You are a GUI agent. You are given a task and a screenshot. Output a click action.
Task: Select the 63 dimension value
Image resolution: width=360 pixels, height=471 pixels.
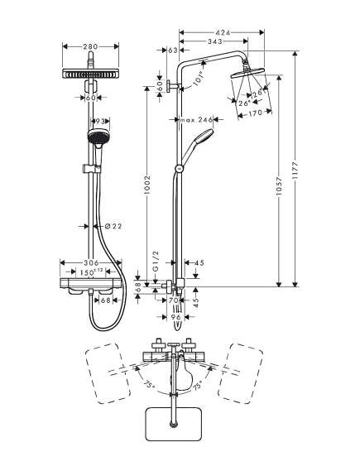[x=172, y=50]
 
